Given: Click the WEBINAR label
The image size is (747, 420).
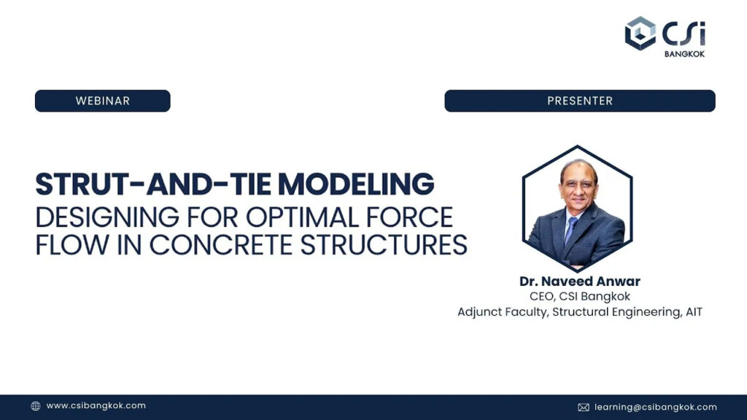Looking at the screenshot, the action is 102,101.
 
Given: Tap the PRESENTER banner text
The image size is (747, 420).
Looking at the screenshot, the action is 580,101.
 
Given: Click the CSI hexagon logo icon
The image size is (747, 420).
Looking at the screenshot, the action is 640,34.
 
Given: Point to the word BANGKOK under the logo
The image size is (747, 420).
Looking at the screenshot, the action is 684,54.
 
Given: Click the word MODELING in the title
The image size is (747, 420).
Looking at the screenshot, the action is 356,184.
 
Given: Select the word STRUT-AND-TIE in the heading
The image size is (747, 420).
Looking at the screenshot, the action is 153,184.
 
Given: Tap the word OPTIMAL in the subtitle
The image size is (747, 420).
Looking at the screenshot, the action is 302,217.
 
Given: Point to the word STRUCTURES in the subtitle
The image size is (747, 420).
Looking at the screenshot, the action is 384,245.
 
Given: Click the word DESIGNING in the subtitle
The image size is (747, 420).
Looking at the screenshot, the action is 107,217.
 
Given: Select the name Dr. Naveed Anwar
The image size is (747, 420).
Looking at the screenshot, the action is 580,281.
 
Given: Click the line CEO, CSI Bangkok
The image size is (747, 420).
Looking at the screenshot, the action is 580,297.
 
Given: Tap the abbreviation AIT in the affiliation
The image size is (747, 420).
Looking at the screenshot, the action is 694,312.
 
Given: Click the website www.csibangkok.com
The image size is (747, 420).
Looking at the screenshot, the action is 96,405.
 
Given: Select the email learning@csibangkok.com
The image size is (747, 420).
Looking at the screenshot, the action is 656,407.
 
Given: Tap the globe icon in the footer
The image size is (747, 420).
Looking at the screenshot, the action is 36,405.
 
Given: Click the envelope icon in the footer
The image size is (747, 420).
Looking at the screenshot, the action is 584,407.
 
